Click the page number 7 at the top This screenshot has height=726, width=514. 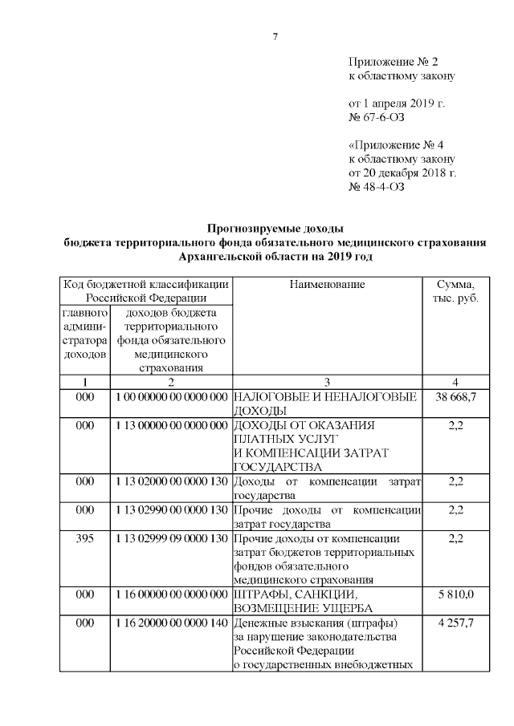[x=275, y=36]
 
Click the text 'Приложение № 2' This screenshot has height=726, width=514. [x=394, y=62]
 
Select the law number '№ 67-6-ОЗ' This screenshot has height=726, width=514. [x=375, y=118]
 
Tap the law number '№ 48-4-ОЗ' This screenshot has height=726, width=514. [x=375, y=188]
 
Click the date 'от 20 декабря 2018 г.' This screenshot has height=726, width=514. [x=402, y=173]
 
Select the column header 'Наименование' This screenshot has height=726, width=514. [x=327, y=284]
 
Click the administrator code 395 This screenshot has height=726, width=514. [x=84, y=537]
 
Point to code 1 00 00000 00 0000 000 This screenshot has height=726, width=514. [x=171, y=396]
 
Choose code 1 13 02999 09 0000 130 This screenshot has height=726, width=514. [x=171, y=537]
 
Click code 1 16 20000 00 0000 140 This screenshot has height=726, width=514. [x=171, y=623]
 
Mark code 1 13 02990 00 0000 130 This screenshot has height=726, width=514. [x=171, y=509]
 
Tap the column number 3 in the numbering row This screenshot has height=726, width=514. [x=327, y=382]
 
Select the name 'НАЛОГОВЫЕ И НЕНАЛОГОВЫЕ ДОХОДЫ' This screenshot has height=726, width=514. [x=324, y=404]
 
